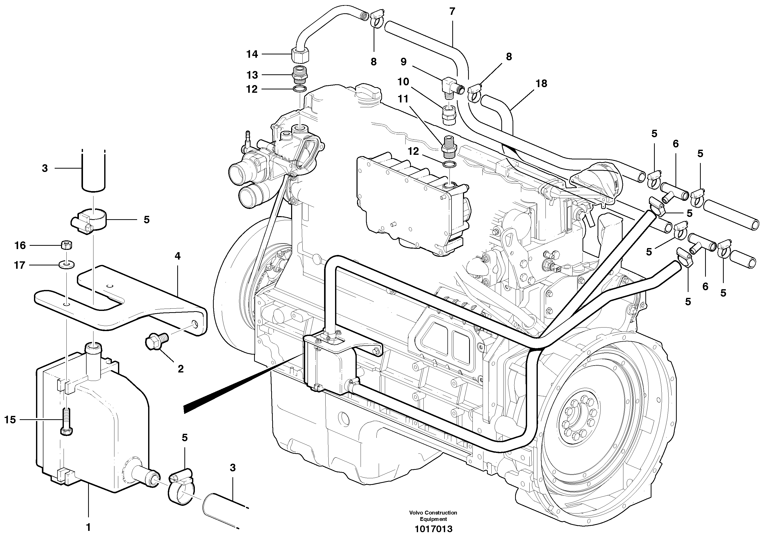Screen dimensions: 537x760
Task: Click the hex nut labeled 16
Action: click(x=67, y=245)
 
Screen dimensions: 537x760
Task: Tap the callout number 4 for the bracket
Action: click(x=177, y=256)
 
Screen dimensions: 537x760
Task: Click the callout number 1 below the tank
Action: click(x=88, y=527)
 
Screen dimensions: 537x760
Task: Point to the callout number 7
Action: click(x=452, y=11)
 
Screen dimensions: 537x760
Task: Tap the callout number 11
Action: click(x=403, y=99)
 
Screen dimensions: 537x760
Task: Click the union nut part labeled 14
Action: click(x=300, y=55)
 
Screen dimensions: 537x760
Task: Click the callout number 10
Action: click(x=403, y=81)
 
